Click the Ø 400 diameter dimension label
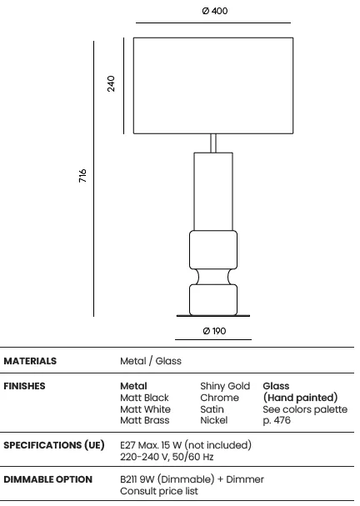point(214,11)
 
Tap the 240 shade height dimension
point(111,83)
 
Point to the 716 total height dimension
point(82,176)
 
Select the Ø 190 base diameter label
point(214,331)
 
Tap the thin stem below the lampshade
point(213,143)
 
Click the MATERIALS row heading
point(30,361)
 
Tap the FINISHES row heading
point(24,386)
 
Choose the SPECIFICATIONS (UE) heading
point(54,445)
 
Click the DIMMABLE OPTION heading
point(48,479)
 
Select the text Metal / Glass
point(151,361)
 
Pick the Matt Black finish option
point(144,398)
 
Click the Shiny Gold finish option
point(225,386)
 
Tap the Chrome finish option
point(219,398)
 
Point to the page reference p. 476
point(277,420)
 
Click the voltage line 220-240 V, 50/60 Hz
point(167,457)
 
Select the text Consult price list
point(159,491)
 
